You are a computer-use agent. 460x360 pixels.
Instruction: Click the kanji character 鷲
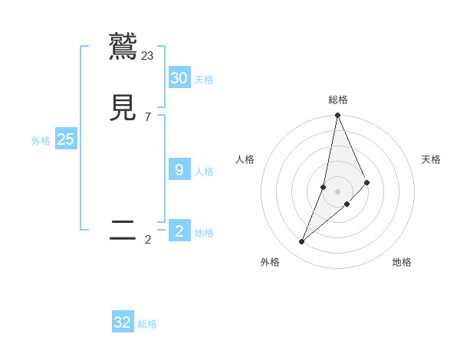[x=123, y=47]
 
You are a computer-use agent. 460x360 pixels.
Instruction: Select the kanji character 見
[x=123, y=108]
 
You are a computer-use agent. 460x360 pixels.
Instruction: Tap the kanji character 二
[x=123, y=231]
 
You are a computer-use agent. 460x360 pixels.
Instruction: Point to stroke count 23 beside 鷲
[x=148, y=55]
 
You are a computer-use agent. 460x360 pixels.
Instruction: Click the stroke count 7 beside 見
[x=148, y=116]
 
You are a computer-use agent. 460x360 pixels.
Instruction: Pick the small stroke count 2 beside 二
[x=148, y=240]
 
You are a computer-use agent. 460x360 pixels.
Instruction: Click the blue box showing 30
[x=179, y=77]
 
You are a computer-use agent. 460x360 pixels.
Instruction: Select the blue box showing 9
[x=179, y=169]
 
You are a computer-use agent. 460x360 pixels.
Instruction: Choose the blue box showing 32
[x=123, y=322]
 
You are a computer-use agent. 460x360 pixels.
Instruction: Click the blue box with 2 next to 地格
[x=179, y=231]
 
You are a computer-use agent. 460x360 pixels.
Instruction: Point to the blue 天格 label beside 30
[x=204, y=80]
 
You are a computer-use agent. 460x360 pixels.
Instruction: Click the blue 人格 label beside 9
[x=204, y=172]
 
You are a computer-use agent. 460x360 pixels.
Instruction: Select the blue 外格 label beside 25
[x=41, y=141]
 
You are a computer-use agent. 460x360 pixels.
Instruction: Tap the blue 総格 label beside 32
[x=147, y=325]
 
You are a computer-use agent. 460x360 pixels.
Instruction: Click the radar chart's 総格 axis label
[x=338, y=100]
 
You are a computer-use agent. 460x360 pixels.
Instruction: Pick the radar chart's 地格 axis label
[x=402, y=263]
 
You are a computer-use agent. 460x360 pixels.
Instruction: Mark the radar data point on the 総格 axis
[x=337, y=116]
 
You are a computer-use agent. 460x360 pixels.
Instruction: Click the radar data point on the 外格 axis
[x=301, y=242]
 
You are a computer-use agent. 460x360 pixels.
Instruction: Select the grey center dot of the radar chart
[x=337, y=191]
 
